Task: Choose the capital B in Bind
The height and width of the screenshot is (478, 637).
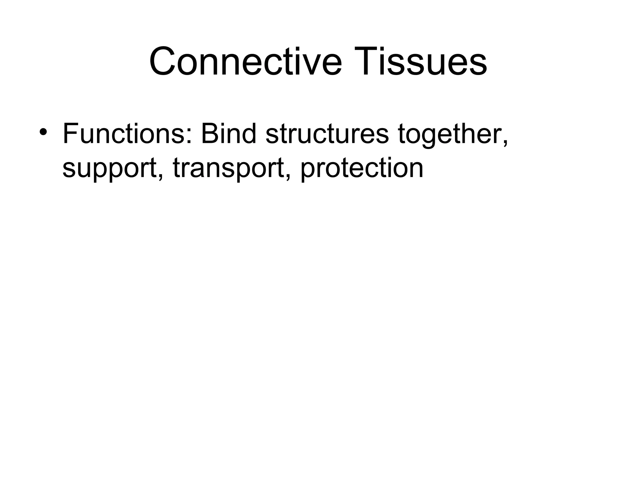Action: click(x=209, y=134)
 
